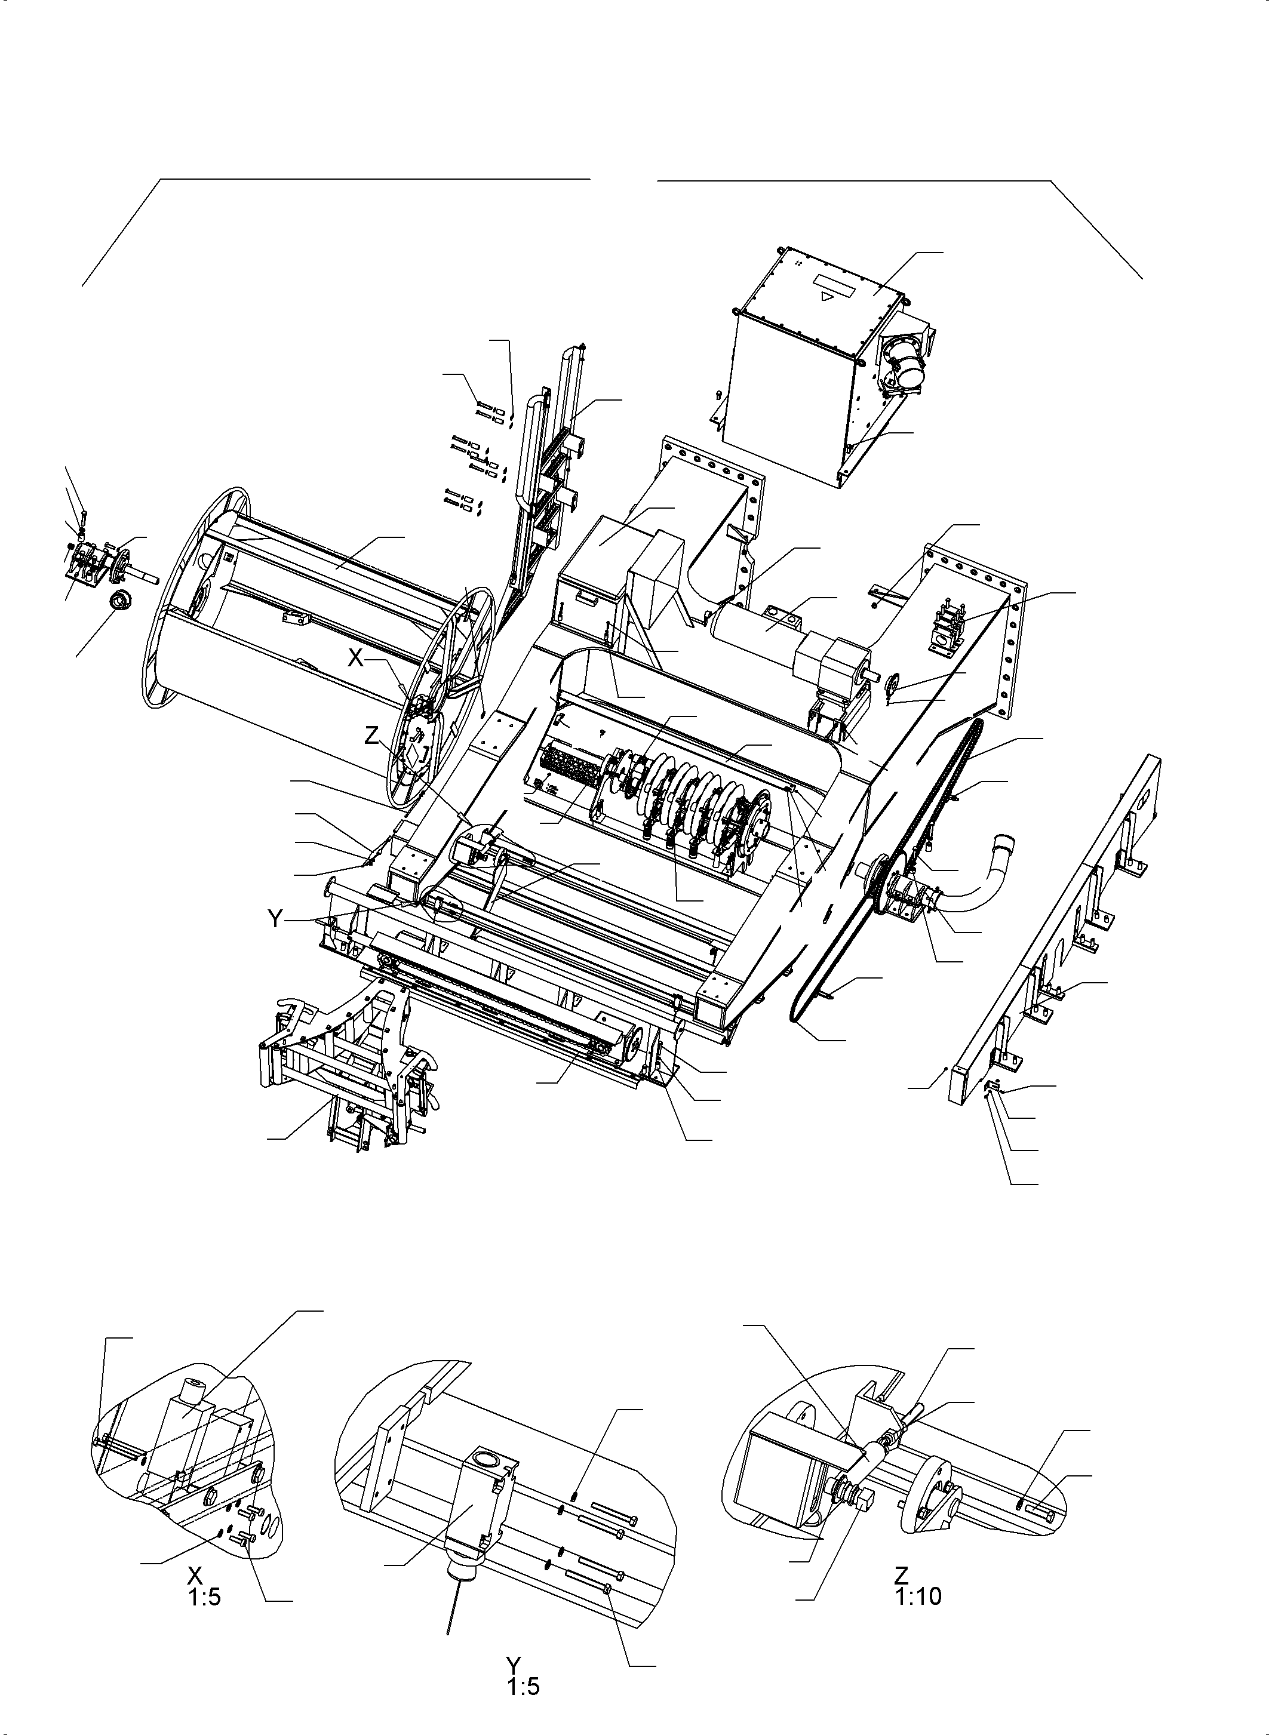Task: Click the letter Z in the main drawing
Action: tap(372, 735)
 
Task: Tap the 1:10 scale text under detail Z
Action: tap(918, 1596)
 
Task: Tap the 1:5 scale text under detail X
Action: tap(204, 1598)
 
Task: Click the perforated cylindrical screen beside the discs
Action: tap(569, 767)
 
